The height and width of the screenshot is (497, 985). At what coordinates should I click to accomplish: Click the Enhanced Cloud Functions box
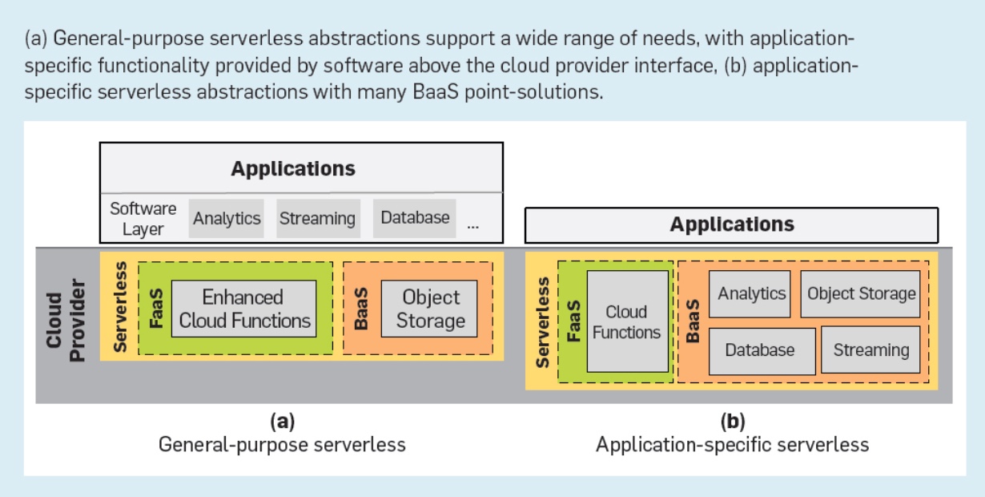pyautogui.click(x=243, y=309)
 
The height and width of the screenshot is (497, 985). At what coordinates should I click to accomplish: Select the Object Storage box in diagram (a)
pyautogui.click(x=431, y=309)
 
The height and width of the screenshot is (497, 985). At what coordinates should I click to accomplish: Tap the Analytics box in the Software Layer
pyautogui.click(x=227, y=218)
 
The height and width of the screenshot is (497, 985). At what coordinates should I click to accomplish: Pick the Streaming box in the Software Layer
pyautogui.click(x=316, y=218)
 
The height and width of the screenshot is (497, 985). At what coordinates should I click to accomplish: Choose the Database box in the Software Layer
pyautogui.click(x=415, y=217)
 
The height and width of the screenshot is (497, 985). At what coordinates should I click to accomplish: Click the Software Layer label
pyautogui.click(x=143, y=218)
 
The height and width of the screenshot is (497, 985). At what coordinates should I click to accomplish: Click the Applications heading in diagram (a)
pyautogui.click(x=293, y=169)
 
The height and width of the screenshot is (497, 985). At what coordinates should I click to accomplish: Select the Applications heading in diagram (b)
pyautogui.click(x=731, y=224)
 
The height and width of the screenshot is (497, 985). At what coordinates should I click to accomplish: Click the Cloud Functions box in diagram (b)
pyautogui.click(x=626, y=321)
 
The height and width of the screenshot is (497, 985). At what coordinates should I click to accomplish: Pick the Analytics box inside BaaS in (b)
pyautogui.click(x=751, y=293)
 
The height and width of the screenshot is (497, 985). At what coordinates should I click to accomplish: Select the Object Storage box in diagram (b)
pyautogui.click(x=861, y=293)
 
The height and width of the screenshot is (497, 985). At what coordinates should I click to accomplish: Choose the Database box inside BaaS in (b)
pyautogui.click(x=760, y=350)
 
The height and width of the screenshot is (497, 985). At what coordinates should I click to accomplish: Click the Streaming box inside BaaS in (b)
pyautogui.click(x=870, y=350)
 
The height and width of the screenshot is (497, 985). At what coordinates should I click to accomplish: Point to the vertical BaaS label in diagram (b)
pyautogui.click(x=694, y=321)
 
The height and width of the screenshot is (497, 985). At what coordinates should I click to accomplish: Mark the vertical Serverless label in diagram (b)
pyautogui.click(x=543, y=321)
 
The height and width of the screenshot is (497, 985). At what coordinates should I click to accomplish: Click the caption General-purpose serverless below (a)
pyautogui.click(x=282, y=443)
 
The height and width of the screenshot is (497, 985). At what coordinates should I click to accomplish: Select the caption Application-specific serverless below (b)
pyautogui.click(x=732, y=443)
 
